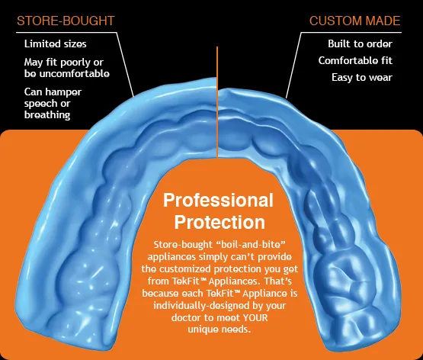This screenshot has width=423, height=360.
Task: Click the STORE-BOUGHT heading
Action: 66,21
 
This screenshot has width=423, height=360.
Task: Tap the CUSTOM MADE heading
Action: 354,21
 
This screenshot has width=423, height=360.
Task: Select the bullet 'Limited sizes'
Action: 56,43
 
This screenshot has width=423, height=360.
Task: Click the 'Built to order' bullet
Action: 361,43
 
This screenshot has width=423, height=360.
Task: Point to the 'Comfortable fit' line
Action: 355,60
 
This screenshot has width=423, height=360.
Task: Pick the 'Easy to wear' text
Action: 362,78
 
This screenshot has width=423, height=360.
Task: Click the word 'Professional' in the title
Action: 218,201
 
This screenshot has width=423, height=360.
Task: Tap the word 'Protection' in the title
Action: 220,222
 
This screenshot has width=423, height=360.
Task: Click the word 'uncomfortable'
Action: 75,74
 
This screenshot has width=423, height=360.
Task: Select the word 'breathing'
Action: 47,115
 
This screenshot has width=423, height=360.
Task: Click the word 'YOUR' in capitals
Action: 255,317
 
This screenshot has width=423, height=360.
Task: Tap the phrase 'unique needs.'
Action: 220,329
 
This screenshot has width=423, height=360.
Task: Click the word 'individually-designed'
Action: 197,306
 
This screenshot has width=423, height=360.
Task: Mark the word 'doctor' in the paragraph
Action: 186,317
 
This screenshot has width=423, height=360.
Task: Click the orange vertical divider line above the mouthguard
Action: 217,102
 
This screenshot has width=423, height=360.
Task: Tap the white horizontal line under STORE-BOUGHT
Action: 66,33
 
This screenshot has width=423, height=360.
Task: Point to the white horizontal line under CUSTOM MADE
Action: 351,33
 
